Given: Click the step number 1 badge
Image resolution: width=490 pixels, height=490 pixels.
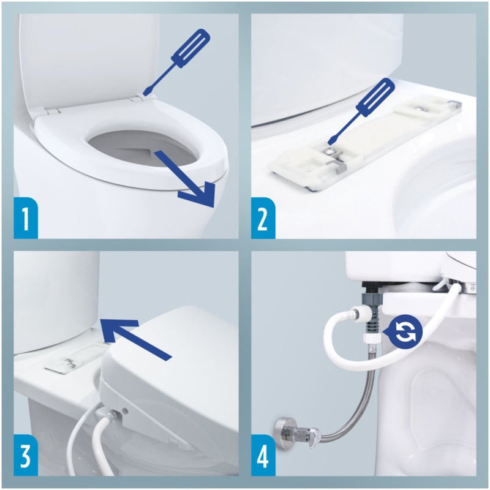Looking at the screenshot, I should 25,219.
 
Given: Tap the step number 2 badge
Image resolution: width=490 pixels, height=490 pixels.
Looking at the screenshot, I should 263,219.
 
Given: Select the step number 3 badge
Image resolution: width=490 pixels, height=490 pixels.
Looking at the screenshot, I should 25,456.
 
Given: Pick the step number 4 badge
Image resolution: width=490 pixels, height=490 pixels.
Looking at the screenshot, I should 263,456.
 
